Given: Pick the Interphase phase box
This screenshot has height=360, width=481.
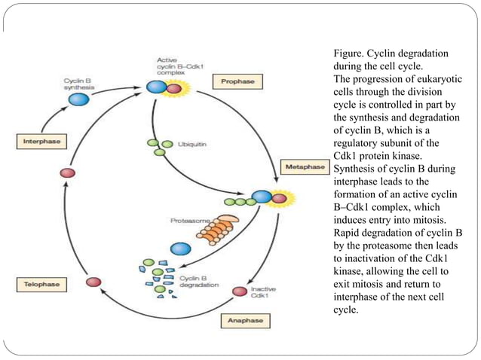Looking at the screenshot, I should [x=39, y=141].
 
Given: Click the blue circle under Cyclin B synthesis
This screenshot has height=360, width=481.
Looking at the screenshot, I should [x=79, y=99].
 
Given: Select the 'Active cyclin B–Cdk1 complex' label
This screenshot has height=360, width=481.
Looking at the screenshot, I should [x=179, y=67].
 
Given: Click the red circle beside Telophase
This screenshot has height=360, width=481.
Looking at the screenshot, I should [x=93, y=282].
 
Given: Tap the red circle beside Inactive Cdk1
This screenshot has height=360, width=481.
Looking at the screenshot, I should [x=240, y=291].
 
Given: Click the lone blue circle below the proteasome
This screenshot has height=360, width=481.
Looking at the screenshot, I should [x=180, y=248].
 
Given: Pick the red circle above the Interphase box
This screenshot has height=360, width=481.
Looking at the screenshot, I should [x=68, y=172].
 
